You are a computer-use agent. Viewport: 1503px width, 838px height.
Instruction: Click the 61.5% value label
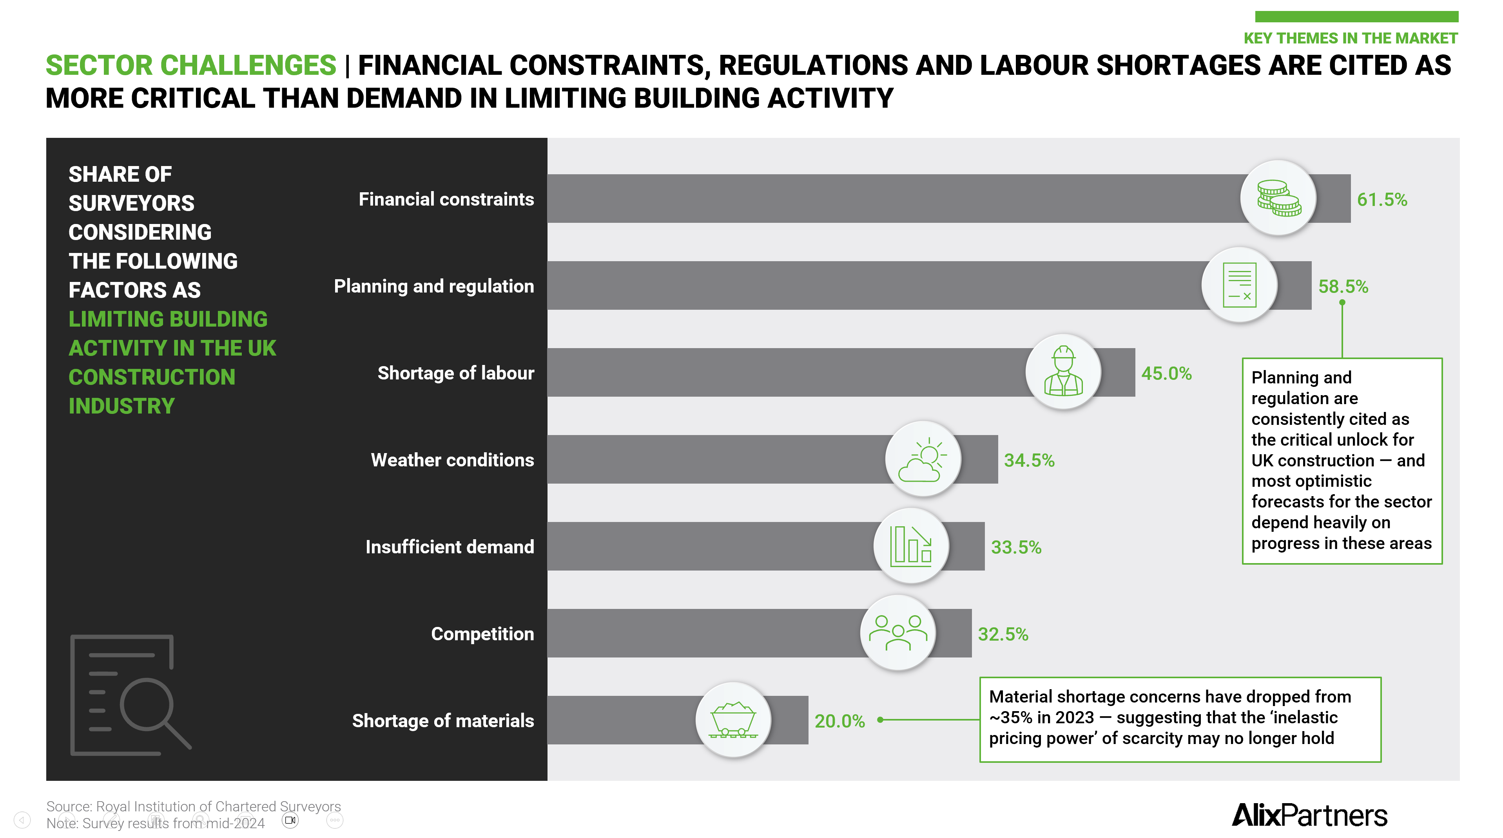(x=1381, y=199)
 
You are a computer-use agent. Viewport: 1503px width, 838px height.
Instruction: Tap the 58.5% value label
(x=1343, y=286)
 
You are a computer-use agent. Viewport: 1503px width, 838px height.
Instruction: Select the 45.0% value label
(x=1166, y=373)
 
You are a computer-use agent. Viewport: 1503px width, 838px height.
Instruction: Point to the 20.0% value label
(x=839, y=721)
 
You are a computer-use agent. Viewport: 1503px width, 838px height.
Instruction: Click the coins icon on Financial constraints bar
(x=1278, y=198)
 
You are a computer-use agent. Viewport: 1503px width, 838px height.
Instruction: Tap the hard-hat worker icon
(x=1063, y=372)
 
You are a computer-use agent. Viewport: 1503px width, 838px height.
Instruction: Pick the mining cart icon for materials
(x=733, y=720)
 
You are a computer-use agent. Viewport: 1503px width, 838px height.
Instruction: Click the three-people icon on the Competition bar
(x=897, y=633)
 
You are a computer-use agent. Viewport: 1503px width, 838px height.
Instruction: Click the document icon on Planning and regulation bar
(x=1239, y=285)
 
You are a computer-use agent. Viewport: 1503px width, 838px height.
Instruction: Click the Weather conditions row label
(x=452, y=460)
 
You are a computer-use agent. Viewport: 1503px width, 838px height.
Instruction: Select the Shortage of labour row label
(x=456, y=373)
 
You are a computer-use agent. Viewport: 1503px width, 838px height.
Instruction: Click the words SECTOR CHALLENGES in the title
(x=191, y=65)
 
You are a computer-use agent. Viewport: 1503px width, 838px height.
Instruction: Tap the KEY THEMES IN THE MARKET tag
(x=1350, y=38)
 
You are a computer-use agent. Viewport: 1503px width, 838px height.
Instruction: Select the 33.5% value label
(x=1016, y=547)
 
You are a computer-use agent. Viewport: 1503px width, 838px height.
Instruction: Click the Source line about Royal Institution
(x=193, y=806)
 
